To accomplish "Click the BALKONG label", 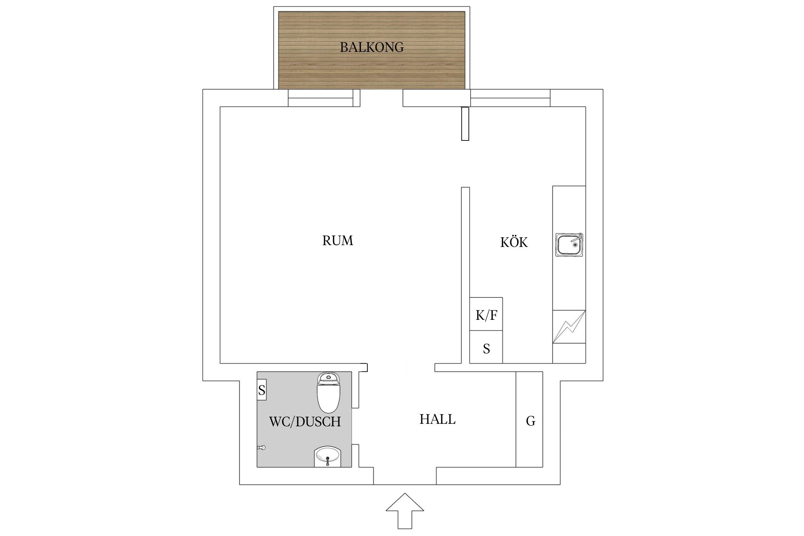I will point(372,47).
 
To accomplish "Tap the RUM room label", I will point(338,240).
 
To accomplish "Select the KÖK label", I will point(514,242).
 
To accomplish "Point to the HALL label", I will point(437,419).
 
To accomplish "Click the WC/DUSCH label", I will point(305,422).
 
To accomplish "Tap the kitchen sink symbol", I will point(569,245).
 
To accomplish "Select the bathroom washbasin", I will point(328,456).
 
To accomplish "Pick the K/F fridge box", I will point(486,314).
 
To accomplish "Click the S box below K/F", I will point(486,347).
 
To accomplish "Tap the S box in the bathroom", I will point(262,390).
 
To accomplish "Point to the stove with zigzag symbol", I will point(569,327).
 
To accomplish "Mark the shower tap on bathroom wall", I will point(262,447).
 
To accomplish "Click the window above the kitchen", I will point(510,98).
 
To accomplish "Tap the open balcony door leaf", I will point(465,124).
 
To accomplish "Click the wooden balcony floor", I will point(372,68).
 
